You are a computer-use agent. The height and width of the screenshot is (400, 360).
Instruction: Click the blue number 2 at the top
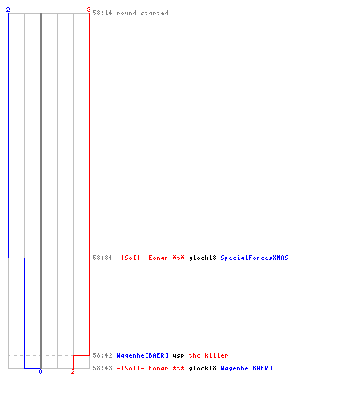(x=8, y=10)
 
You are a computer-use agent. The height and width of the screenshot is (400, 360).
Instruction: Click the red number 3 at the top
(x=89, y=10)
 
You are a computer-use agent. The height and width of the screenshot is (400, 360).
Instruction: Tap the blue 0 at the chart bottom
(x=40, y=371)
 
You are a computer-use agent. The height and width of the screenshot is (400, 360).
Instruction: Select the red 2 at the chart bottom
(x=73, y=371)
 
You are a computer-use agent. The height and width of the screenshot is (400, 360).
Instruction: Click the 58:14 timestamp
(x=102, y=13)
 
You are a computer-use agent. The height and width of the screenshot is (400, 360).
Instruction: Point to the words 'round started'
(x=142, y=13)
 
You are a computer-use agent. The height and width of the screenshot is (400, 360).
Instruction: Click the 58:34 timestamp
(x=102, y=258)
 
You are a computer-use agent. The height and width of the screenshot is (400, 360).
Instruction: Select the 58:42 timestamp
(x=102, y=355)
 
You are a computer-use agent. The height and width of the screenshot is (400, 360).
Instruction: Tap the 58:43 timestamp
(x=102, y=368)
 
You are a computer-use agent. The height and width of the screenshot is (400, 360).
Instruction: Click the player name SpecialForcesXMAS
(x=254, y=258)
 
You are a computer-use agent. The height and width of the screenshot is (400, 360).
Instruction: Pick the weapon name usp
(x=178, y=356)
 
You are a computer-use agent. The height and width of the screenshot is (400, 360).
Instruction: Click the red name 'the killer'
(x=208, y=355)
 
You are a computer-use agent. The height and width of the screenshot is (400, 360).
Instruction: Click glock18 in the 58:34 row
(x=202, y=258)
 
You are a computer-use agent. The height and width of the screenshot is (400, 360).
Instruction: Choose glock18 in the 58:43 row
(x=202, y=368)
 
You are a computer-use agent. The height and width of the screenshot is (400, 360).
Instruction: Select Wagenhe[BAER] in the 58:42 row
(x=142, y=355)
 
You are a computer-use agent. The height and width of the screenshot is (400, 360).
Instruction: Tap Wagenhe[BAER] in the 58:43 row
(x=246, y=368)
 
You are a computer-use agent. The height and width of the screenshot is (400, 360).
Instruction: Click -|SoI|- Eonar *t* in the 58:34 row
(x=150, y=258)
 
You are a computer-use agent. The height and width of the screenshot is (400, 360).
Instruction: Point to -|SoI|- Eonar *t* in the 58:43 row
(x=150, y=368)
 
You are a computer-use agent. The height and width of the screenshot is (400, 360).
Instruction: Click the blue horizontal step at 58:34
(x=16, y=258)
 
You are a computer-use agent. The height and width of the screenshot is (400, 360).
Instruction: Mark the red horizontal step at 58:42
(x=81, y=355)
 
